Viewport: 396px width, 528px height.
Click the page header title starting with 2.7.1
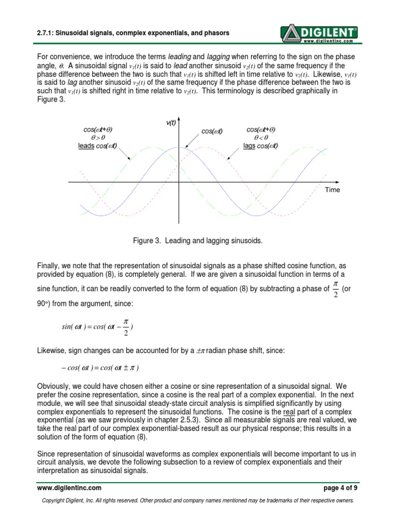133,33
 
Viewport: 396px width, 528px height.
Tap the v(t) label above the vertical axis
171,123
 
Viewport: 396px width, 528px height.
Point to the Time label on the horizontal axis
333,190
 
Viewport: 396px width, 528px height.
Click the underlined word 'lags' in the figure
250,146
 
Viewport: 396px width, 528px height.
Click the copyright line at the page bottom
197,501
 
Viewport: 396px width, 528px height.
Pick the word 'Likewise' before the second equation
53,351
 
